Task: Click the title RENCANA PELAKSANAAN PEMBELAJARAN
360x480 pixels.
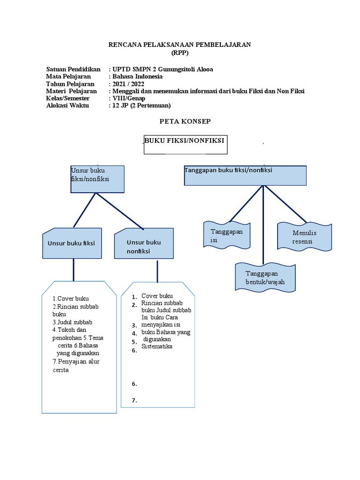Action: tap(180, 45)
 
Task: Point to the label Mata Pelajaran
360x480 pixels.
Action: tap(68, 76)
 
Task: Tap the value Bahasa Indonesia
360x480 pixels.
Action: tap(137, 76)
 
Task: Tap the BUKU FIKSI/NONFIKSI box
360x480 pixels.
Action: tap(185, 145)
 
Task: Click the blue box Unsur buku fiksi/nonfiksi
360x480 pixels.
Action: tap(97, 179)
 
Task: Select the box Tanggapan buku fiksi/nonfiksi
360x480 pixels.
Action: tap(245, 175)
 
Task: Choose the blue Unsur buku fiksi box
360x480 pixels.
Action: tap(72, 243)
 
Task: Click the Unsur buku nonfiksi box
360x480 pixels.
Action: tap(144, 244)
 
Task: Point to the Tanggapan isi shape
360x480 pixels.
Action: tap(227, 235)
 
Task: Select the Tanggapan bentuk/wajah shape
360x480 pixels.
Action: tap(265, 277)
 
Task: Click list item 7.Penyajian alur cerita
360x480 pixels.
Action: tap(76, 366)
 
